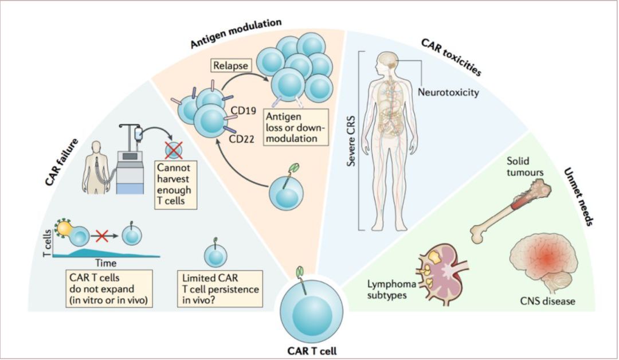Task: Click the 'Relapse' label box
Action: click(x=231, y=65)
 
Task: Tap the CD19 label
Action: click(x=244, y=111)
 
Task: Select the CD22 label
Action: click(x=241, y=139)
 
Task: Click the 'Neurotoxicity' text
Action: click(x=448, y=92)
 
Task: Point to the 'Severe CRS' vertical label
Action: click(x=351, y=140)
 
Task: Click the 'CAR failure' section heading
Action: click(x=61, y=162)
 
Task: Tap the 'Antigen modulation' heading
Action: click(x=236, y=33)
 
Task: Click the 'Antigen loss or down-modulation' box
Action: click(x=296, y=127)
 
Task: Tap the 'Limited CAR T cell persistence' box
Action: click(x=220, y=288)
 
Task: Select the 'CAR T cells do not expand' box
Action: click(x=108, y=288)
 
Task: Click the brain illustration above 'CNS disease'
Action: click(x=543, y=264)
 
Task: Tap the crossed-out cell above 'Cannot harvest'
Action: click(x=173, y=150)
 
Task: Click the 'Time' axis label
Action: click(x=106, y=263)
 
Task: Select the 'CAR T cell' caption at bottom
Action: click(x=312, y=351)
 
